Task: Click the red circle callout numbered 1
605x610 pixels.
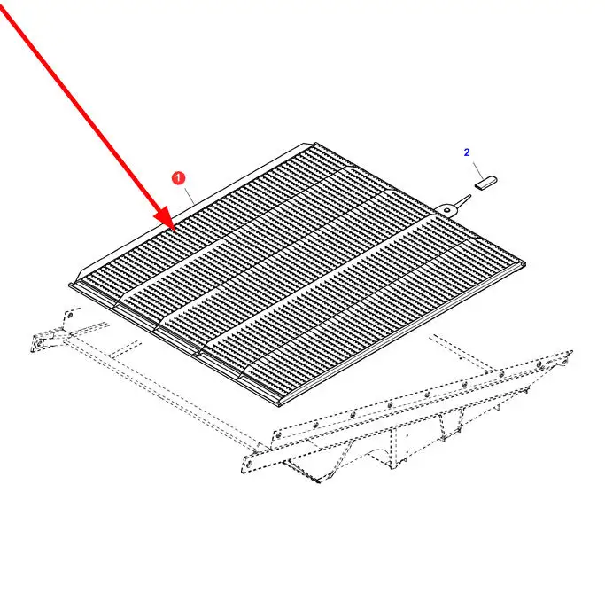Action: click(178, 178)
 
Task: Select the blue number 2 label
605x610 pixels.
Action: click(467, 152)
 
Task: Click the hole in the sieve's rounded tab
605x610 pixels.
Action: click(447, 210)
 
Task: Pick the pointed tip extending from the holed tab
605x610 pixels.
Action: click(469, 197)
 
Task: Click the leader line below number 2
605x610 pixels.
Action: click(478, 170)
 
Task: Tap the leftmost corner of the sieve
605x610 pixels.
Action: click(70, 285)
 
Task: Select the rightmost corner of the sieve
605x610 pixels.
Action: click(525, 264)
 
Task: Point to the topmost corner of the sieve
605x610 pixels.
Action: click(315, 143)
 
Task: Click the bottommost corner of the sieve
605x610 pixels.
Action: click(280, 406)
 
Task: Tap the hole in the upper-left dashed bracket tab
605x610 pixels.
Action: click(70, 315)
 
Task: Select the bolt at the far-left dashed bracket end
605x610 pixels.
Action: click(38, 345)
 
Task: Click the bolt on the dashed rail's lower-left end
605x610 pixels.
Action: click(246, 464)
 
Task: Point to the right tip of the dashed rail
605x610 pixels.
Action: click(572, 352)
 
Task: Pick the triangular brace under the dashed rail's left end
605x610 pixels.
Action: click(307, 468)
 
